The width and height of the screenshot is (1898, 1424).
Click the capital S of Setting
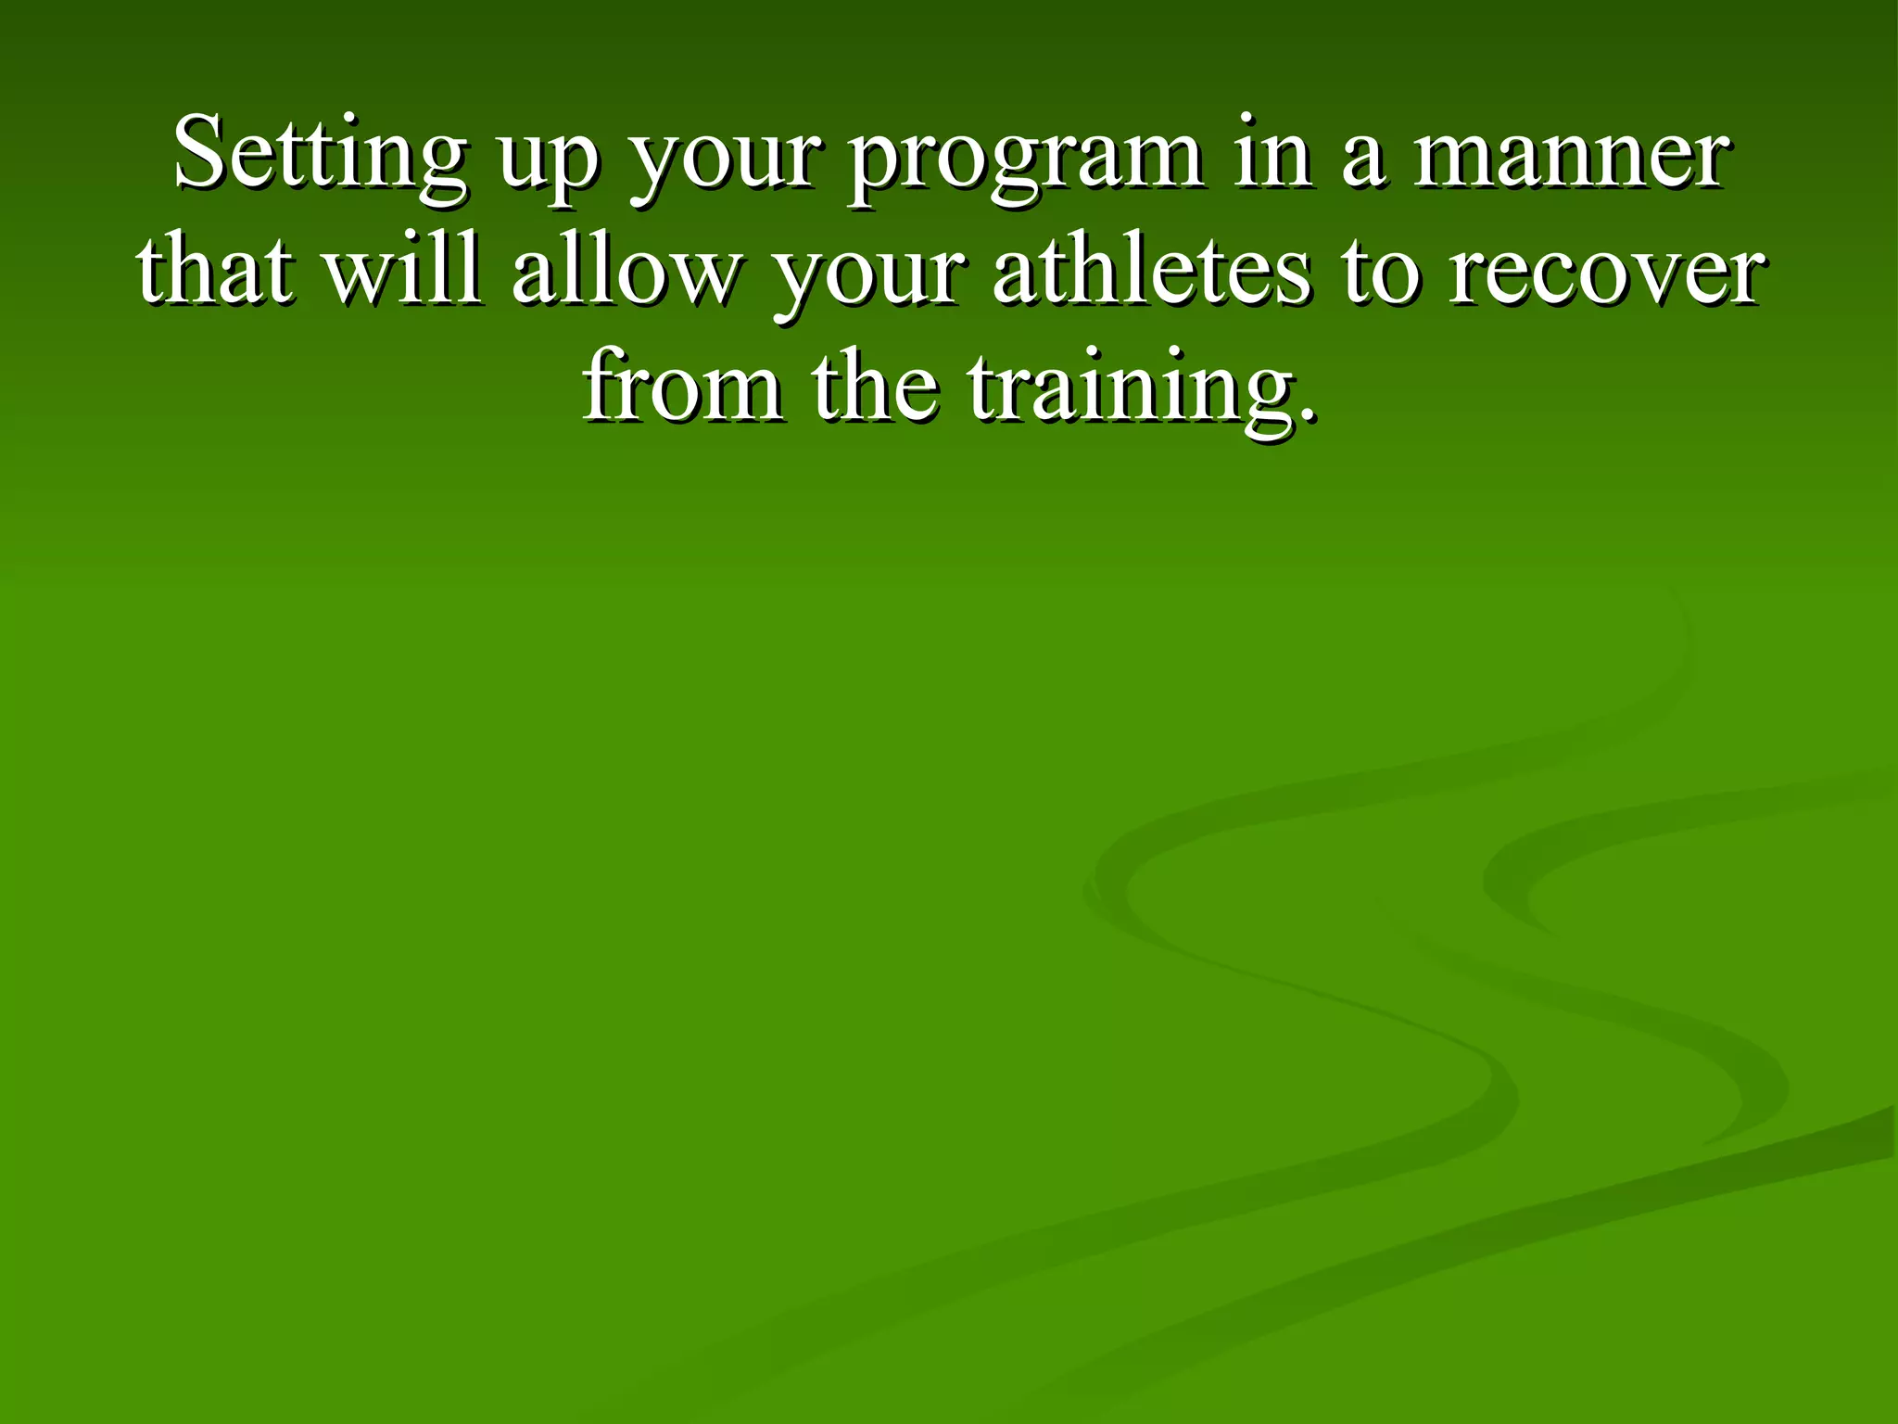[x=201, y=153]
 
